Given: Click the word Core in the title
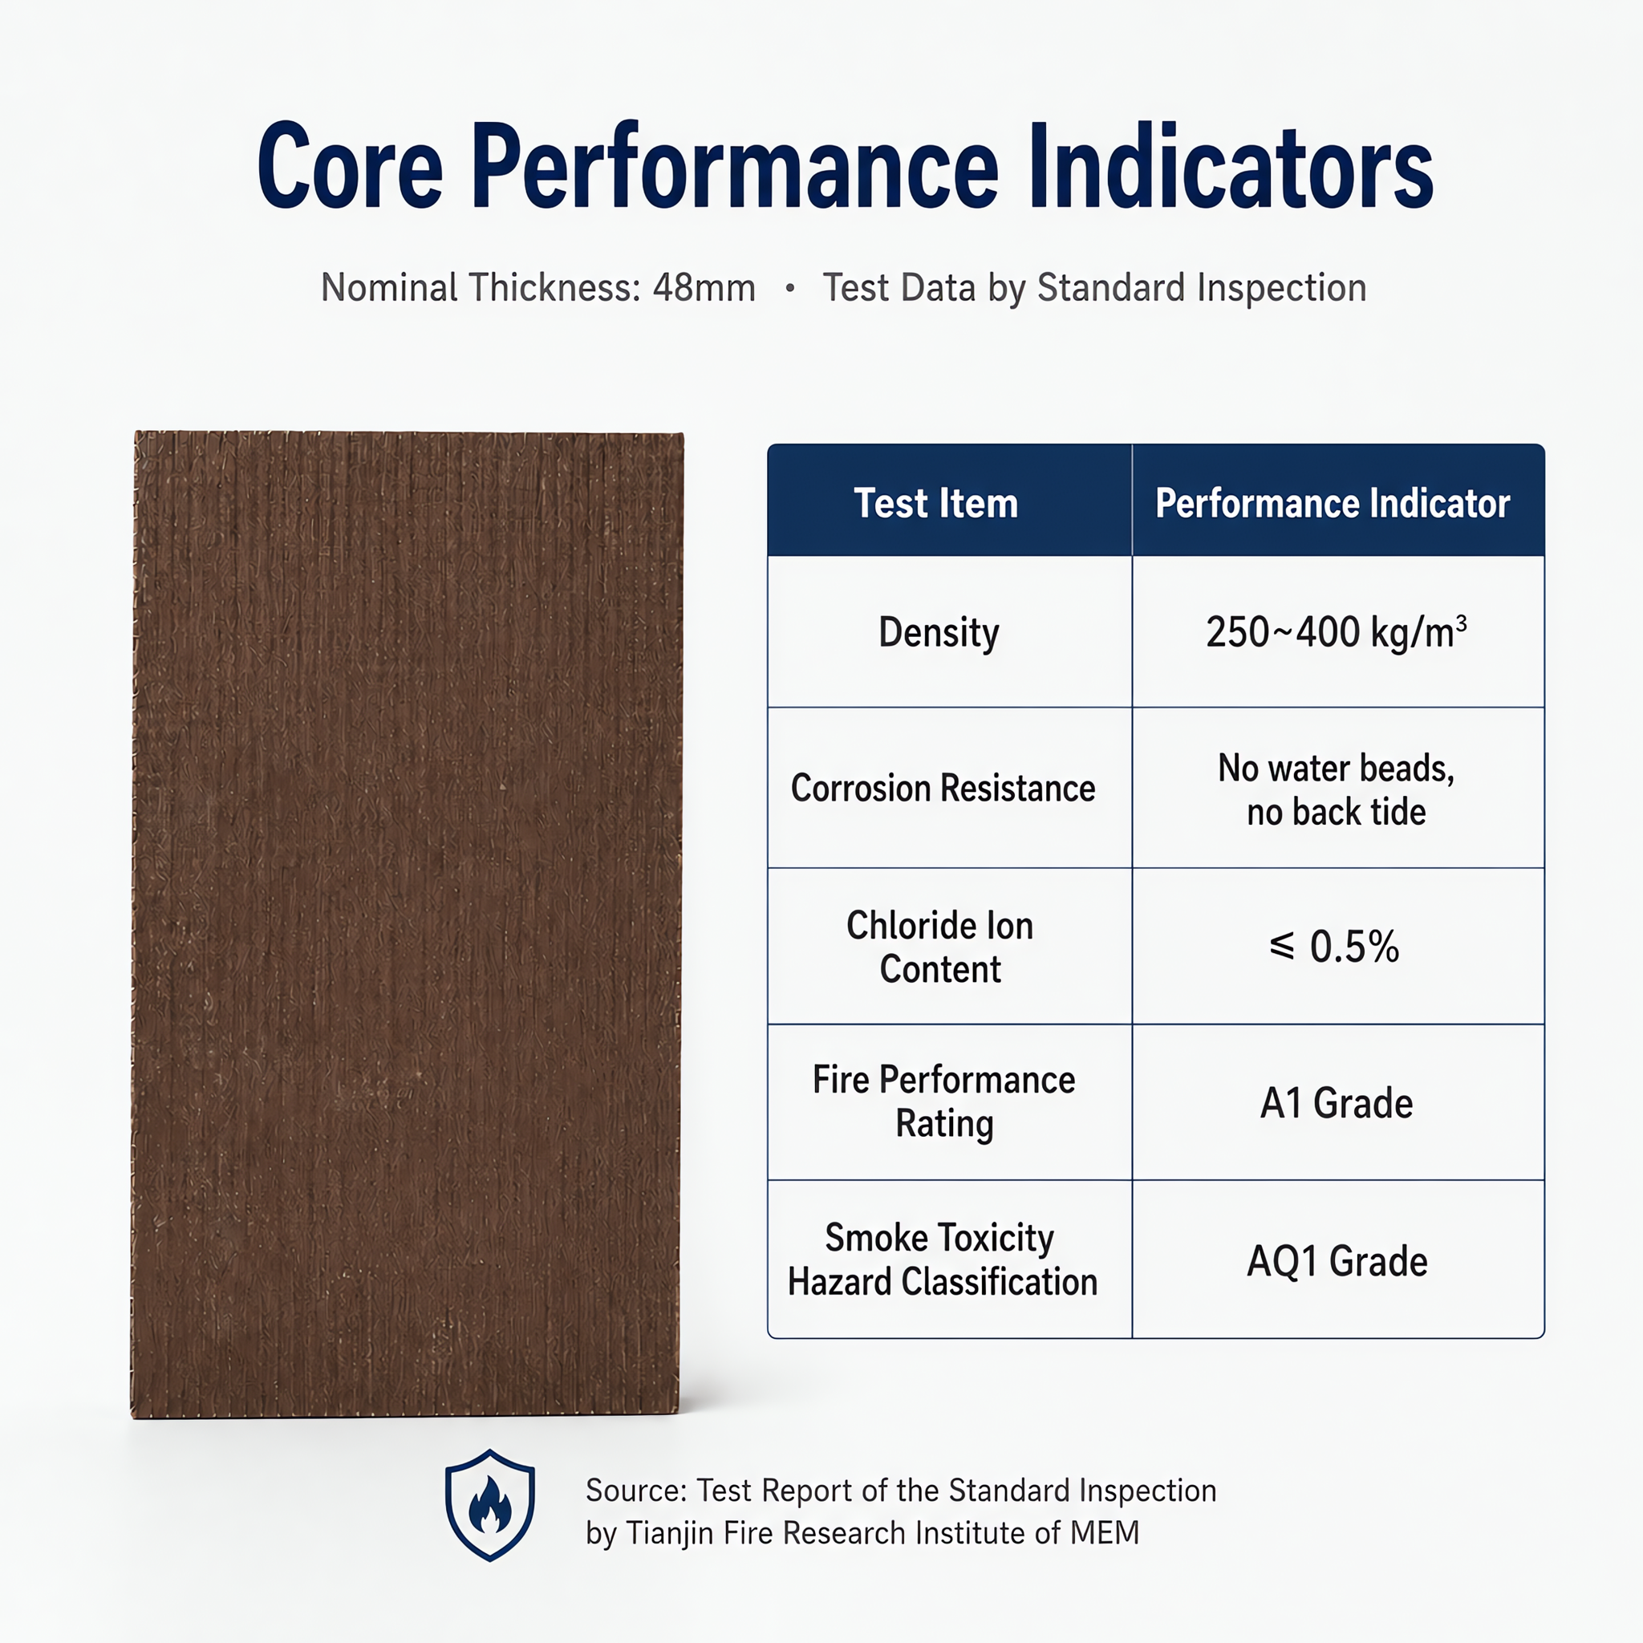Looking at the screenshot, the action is pyautogui.click(x=351, y=166).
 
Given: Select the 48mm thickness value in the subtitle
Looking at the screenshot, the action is pyautogui.click(x=704, y=288).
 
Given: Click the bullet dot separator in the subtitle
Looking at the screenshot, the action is pyautogui.click(x=790, y=289).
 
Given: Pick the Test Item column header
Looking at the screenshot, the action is pyautogui.click(x=935, y=504).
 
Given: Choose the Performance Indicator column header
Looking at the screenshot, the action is pyautogui.click(x=1332, y=504).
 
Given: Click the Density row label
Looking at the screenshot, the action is pyautogui.click(x=939, y=634).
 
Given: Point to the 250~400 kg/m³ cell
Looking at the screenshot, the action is pyautogui.click(x=1336, y=632).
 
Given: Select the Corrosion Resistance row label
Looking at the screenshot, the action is pyautogui.click(x=943, y=789).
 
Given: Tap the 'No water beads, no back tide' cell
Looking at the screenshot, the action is pyautogui.click(x=1336, y=790).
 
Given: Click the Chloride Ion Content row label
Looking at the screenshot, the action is pyautogui.click(x=939, y=947).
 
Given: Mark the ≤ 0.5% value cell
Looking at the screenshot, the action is pyautogui.click(x=1333, y=947).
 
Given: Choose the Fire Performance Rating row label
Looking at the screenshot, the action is pyautogui.click(x=943, y=1102).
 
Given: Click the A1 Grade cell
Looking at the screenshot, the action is pyautogui.click(x=1336, y=1104).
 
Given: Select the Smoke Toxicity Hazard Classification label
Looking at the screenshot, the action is pyautogui.click(x=943, y=1260).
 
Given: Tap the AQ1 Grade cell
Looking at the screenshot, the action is pyautogui.click(x=1337, y=1261).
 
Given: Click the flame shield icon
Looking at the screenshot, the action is pyautogui.click(x=490, y=1505).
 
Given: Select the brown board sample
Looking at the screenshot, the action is pyautogui.click(x=407, y=924).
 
